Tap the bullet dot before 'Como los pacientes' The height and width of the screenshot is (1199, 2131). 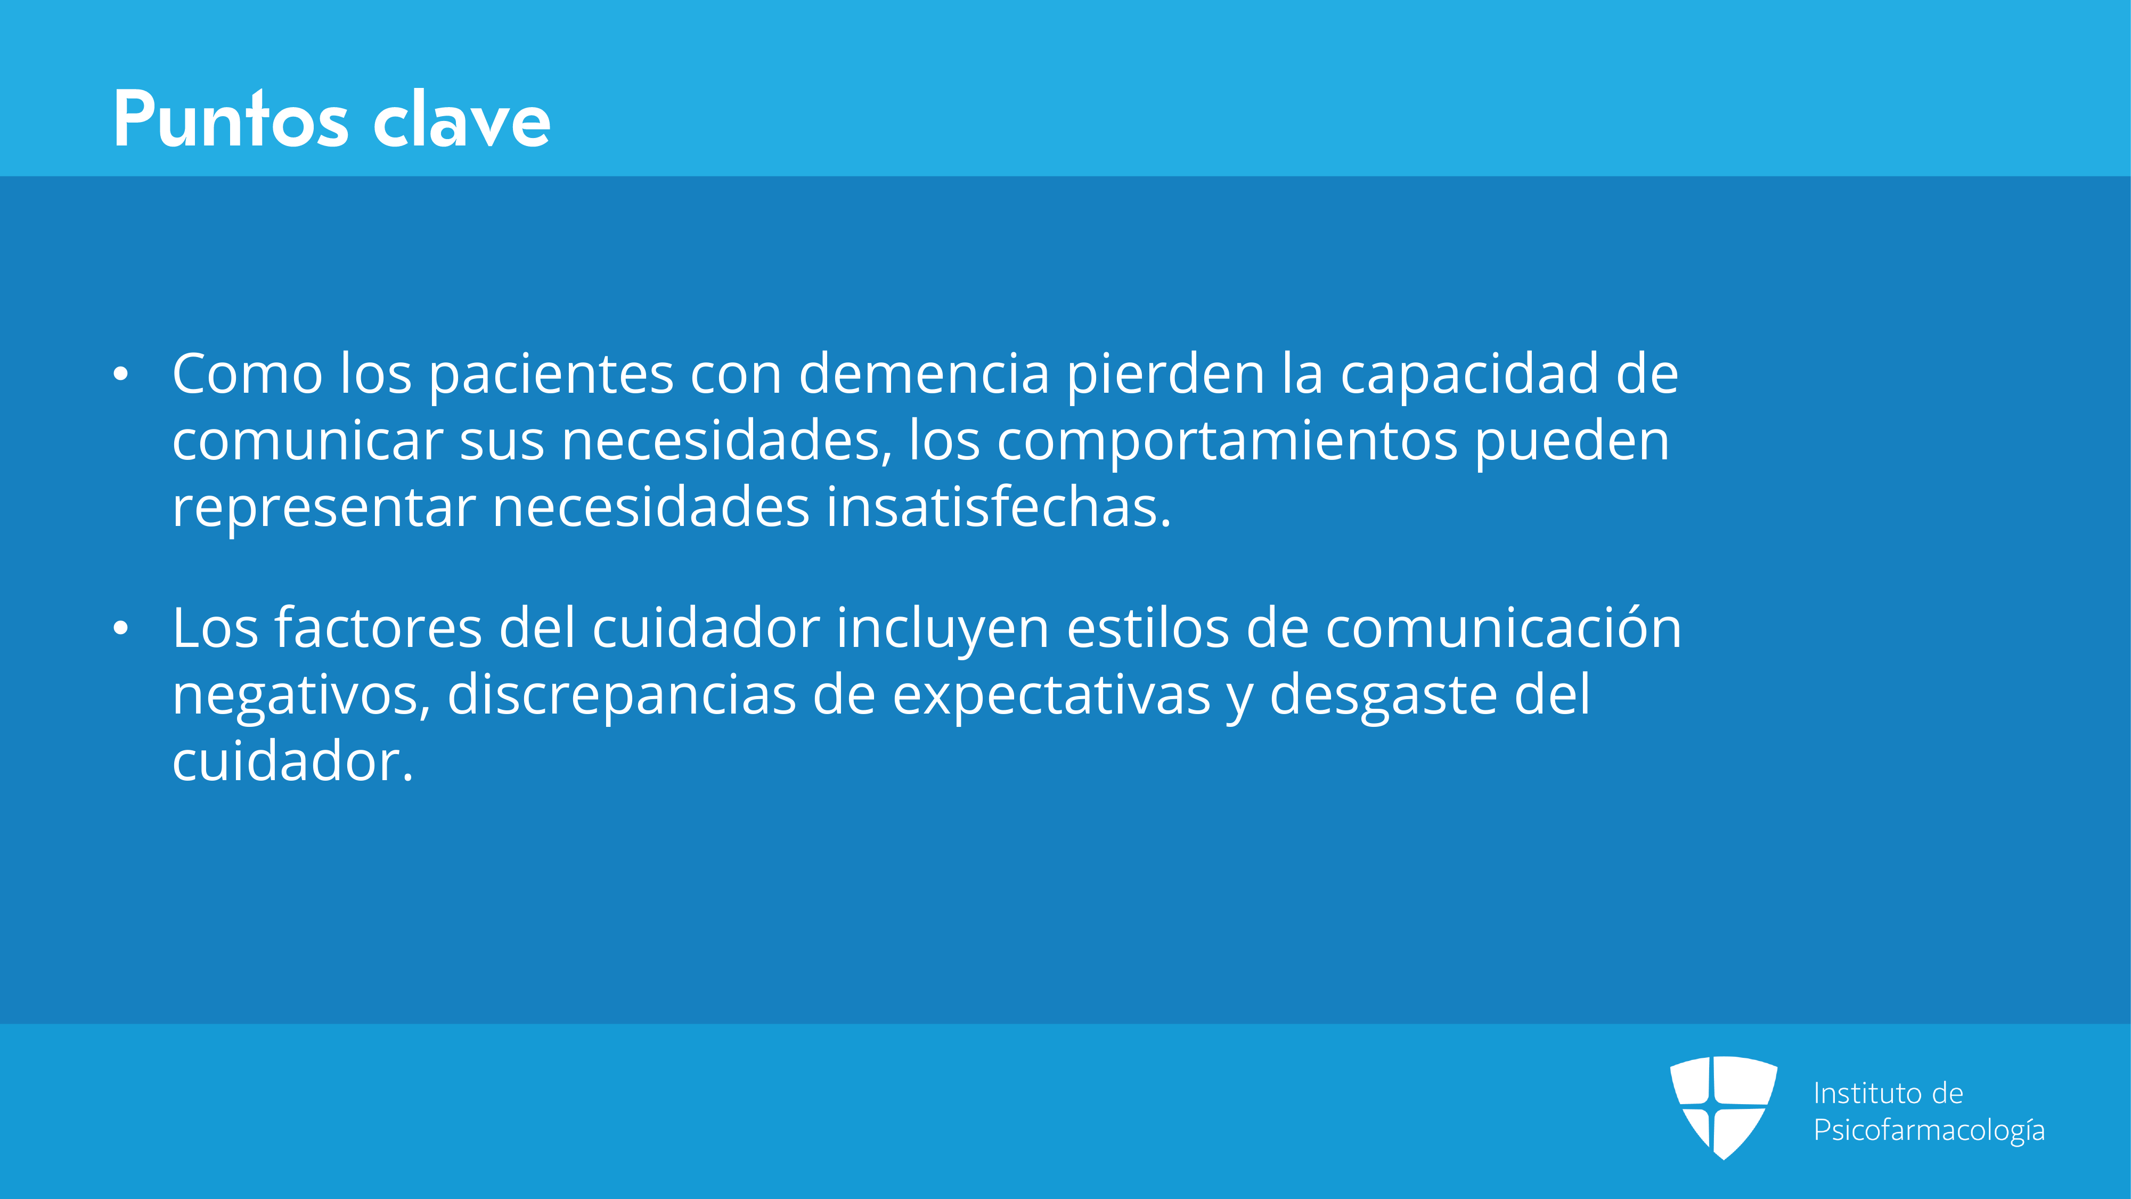(x=121, y=375)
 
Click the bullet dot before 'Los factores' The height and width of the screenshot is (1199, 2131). (x=121, y=629)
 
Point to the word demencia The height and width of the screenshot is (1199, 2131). (x=924, y=374)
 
